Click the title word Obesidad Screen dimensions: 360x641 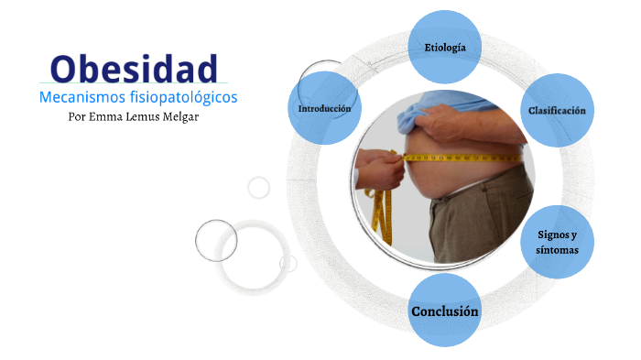pos(135,68)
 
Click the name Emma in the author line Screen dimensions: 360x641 pos(107,116)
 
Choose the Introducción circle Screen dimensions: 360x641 pos(325,108)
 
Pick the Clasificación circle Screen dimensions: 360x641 pos(557,110)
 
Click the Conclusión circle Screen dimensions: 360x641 pos(445,311)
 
